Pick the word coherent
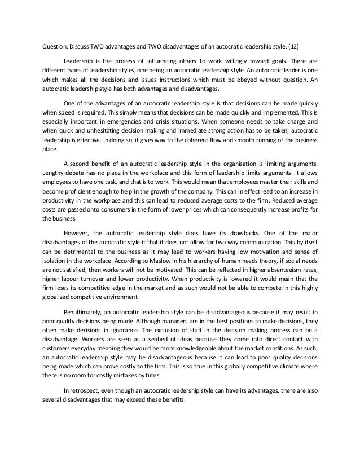(x=182, y=141)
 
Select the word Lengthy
(x=55, y=170)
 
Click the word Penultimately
(x=85, y=312)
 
